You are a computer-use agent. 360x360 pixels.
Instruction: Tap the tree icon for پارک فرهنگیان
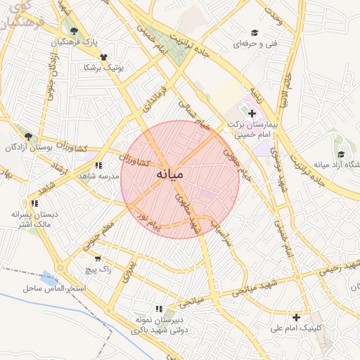pyautogui.click(x=74, y=30)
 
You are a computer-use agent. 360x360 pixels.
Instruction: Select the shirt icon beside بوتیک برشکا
pyautogui.click(x=104, y=57)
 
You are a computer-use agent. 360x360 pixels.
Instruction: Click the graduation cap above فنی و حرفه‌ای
pyautogui.click(x=254, y=32)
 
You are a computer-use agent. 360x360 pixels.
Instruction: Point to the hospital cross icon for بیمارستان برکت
pyautogui.click(x=252, y=113)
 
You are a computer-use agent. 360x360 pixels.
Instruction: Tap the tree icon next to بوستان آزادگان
pyautogui.click(x=29, y=136)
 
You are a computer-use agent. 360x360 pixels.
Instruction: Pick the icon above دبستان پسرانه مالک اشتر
pyautogui.click(x=34, y=203)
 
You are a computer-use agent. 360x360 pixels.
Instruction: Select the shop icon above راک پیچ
pyautogui.click(x=98, y=258)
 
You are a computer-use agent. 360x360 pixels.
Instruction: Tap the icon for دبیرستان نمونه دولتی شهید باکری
pyautogui.click(x=159, y=309)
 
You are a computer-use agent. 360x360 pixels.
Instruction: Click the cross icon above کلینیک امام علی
pyautogui.click(x=297, y=317)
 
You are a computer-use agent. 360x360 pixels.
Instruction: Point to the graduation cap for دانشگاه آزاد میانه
pyautogui.click(x=341, y=155)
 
